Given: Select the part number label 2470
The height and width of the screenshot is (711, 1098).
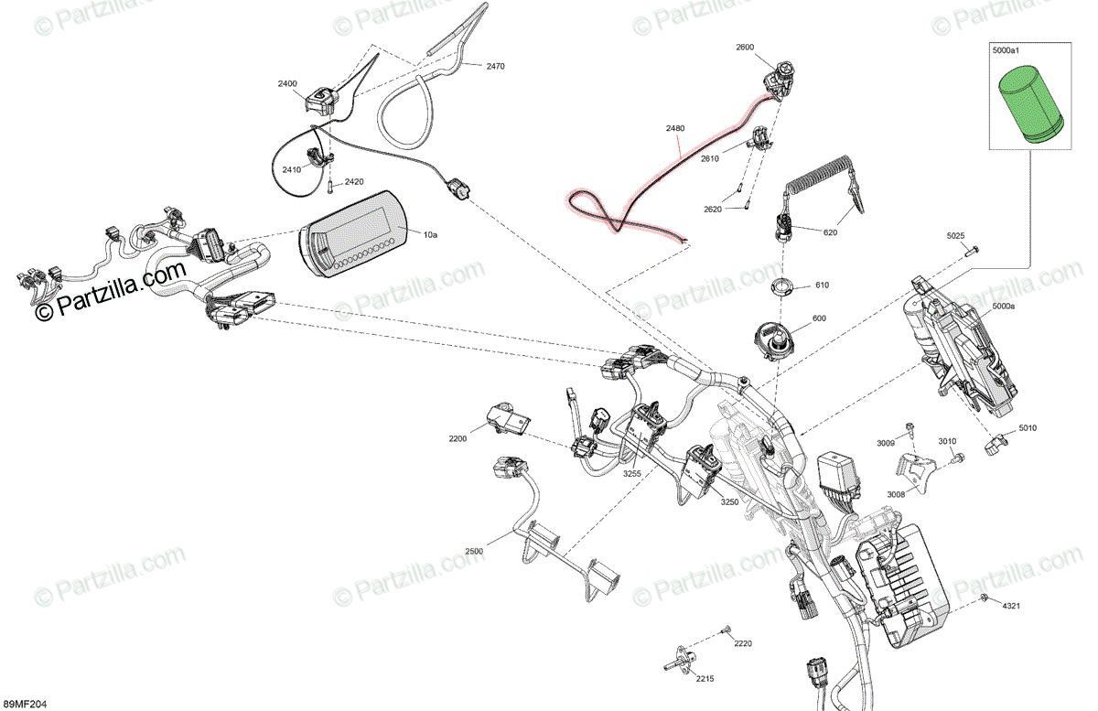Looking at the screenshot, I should (x=495, y=67).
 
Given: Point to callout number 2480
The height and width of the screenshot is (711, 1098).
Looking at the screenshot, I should (x=674, y=129).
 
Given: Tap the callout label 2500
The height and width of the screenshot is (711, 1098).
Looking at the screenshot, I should (x=473, y=551).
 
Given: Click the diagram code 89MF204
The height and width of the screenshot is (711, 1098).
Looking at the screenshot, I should (x=24, y=704).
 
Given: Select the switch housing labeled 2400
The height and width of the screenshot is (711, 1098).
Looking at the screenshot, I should (x=321, y=97).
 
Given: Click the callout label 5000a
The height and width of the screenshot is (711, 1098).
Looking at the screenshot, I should (x=1002, y=306).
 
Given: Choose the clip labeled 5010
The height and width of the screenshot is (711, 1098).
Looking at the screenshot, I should (x=995, y=446).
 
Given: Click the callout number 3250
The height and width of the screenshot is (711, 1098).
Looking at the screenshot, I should (x=729, y=502).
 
